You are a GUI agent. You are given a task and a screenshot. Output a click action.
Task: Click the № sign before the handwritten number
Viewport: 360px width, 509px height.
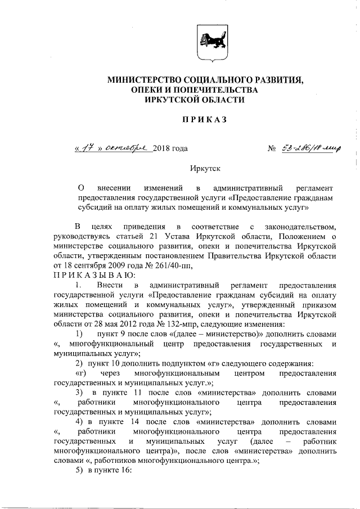point(272,150)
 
